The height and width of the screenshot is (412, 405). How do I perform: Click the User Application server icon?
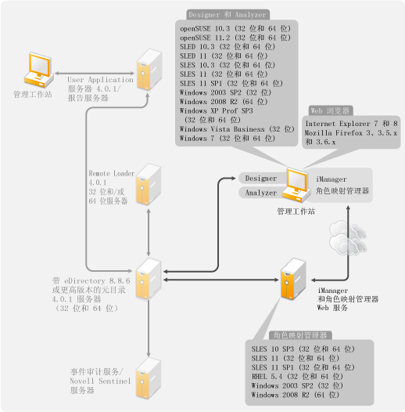[149, 70]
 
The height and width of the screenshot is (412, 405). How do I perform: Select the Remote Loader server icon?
[149, 184]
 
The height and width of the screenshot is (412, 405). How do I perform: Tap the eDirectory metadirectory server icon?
[149, 279]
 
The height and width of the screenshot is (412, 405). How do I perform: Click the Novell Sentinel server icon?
[149, 378]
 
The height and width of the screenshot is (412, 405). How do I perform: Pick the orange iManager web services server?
[293, 279]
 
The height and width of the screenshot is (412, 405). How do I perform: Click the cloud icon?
[348, 238]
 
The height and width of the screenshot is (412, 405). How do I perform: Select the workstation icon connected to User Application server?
[39, 70]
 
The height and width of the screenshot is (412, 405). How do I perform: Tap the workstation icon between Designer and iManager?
[296, 185]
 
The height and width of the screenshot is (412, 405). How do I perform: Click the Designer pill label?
[261, 179]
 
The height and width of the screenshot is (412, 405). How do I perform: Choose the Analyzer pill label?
[261, 193]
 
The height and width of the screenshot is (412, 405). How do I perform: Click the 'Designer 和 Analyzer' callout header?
[228, 15]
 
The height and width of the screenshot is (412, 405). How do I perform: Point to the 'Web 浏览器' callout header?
[330, 110]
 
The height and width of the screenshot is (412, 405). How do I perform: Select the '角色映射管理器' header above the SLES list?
[300, 335]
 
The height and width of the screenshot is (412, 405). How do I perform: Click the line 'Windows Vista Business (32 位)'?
[237, 129]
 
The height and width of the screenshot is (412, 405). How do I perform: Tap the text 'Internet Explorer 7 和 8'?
[351, 124]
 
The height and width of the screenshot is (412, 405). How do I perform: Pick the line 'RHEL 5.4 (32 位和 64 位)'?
[297, 377]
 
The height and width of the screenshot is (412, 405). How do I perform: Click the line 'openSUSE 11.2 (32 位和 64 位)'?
[235, 38]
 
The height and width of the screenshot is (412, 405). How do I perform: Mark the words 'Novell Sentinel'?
[100, 381]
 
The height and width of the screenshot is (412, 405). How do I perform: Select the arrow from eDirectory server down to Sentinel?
[149, 328]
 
